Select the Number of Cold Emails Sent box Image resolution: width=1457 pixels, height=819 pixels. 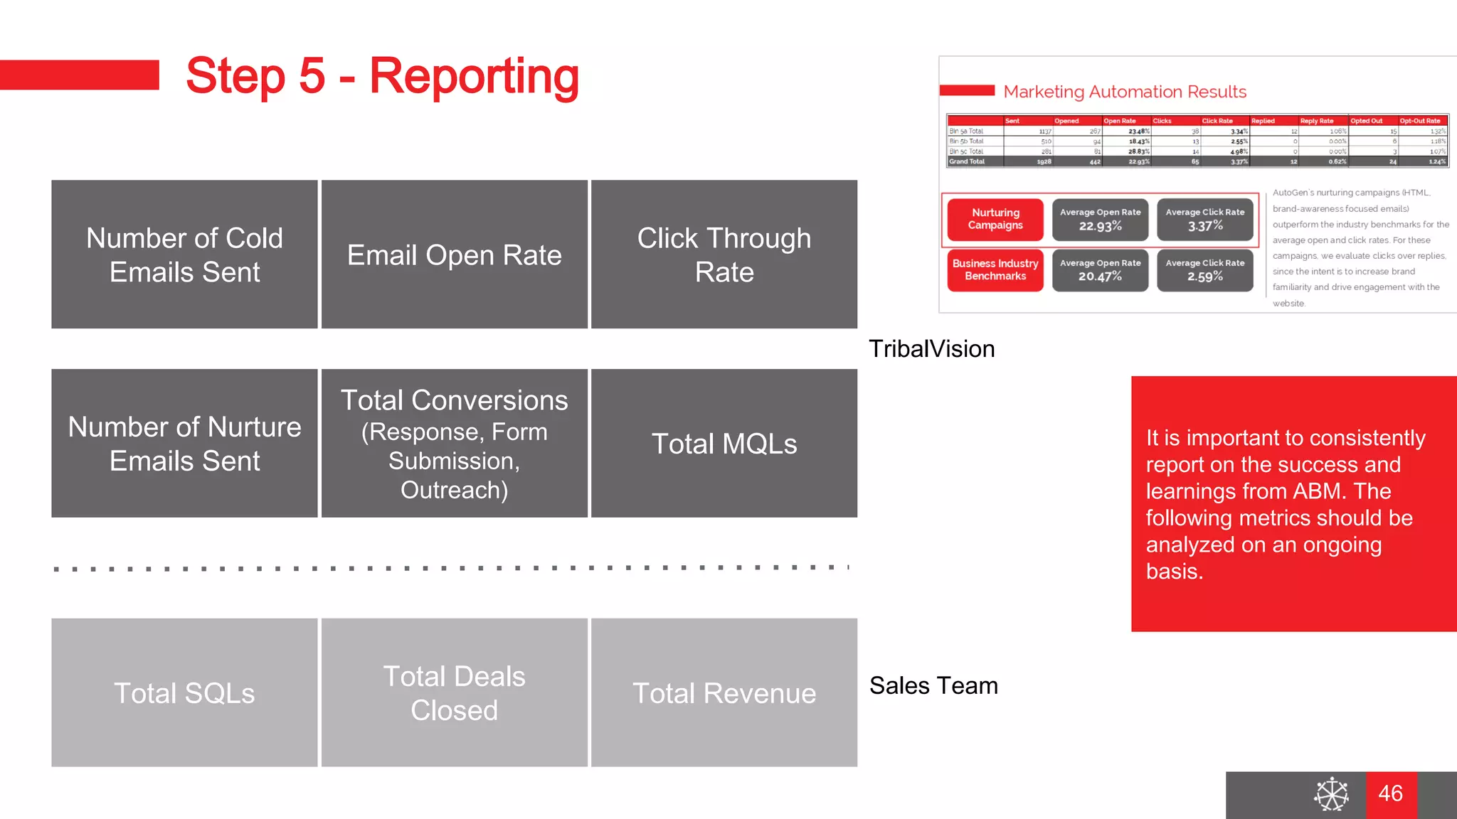click(184, 255)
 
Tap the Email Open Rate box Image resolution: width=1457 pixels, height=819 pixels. click(454, 255)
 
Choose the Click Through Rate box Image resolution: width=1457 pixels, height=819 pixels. click(724, 255)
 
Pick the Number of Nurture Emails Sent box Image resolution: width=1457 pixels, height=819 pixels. click(184, 444)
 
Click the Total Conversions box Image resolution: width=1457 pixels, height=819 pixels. click(454, 444)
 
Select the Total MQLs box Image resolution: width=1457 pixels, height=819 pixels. click(724, 444)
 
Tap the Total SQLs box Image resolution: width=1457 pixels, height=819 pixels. click(184, 692)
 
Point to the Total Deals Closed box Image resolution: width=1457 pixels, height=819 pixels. click(454, 692)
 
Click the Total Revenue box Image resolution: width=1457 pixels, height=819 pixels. click(724, 692)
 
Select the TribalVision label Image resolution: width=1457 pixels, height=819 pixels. click(931, 349)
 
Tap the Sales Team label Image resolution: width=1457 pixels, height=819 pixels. click(933, 685)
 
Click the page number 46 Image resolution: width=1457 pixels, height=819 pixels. click(1390, 793)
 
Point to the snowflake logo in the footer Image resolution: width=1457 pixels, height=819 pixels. click(1331, 794)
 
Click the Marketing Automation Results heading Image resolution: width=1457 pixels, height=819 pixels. click(1124, 92)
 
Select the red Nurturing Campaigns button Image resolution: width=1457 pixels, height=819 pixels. click(995, 219)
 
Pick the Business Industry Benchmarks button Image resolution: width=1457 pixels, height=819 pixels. click(995, 269)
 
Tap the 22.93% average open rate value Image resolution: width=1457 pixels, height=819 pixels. click(1100, 226)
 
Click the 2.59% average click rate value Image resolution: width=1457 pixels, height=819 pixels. click(1204, 277)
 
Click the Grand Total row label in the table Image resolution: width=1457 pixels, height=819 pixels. click(967, 162)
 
